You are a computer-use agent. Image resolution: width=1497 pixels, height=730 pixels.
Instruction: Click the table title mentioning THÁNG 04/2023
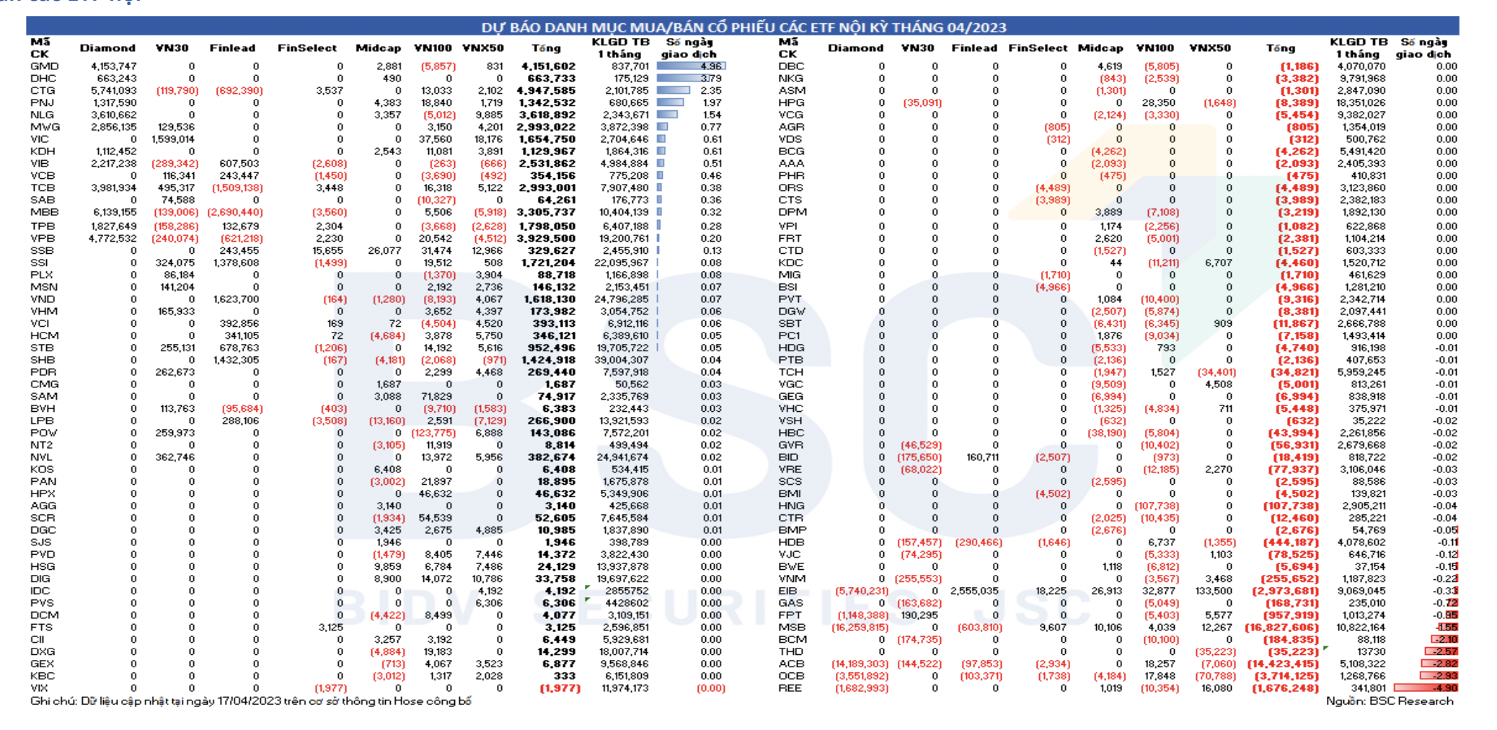click(x=743, y=27)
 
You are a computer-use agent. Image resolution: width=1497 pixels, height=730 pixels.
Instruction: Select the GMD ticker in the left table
click(x=44, y=66)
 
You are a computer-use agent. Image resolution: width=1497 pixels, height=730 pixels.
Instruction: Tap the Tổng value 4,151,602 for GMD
click(x=548, y=66)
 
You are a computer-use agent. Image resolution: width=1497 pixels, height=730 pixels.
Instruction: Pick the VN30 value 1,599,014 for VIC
click(x=172, y=139)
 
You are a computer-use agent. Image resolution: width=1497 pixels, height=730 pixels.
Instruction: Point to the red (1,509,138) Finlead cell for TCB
click(x=237, y=188)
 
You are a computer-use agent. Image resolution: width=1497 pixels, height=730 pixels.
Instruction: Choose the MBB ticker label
click(x=44, y=212)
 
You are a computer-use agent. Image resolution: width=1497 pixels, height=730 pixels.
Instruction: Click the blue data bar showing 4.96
click(x=691, y=66)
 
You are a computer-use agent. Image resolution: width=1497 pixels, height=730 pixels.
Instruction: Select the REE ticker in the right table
click(x=790, y=688)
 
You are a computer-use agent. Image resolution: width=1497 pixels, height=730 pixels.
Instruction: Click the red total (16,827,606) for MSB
click(x=1281, y=628)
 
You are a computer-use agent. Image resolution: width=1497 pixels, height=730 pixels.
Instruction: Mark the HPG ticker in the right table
click(x=791, y=103)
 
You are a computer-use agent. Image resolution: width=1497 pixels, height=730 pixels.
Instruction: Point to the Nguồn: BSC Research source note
click(x=1389, y=701)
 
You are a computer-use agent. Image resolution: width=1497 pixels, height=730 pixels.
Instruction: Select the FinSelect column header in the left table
click(x=306, y=48)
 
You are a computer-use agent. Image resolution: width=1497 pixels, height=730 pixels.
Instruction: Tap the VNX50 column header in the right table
click(x=1209, y=48)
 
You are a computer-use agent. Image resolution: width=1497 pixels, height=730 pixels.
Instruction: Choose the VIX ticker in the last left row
click(x=39, y=688)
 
